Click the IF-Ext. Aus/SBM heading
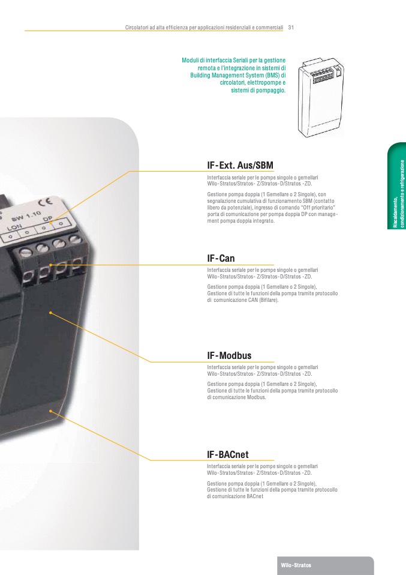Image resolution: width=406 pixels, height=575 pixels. (240, 165)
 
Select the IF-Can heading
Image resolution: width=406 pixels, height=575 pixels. (221, 259)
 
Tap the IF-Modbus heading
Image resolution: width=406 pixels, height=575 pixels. (229, 356)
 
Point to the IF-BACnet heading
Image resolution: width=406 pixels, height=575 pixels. (227, 456)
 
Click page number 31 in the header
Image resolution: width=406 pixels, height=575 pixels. (291, 28)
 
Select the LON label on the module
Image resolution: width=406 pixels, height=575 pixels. (14, 229)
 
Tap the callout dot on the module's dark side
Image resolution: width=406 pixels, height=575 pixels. (52, 313)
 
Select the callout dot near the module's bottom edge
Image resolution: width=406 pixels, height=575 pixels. (52, 411)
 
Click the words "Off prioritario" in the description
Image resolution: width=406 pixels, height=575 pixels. (315, 205)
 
